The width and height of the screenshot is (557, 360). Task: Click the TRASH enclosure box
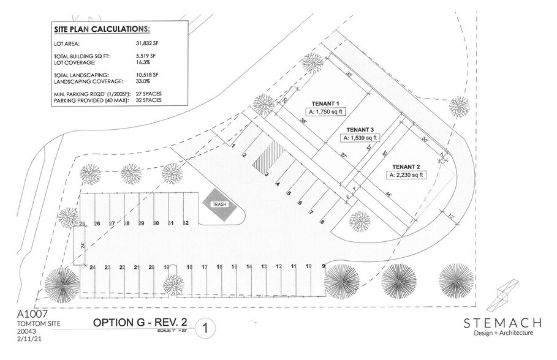coord(219,206)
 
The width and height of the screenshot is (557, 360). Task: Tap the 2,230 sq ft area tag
coord(406,174)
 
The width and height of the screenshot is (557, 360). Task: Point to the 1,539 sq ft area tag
coord(360,139)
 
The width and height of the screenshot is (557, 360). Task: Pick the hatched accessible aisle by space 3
coord(264,159)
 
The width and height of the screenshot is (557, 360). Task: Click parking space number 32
coord(186,223)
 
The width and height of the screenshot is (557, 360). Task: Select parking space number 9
coord(322,266)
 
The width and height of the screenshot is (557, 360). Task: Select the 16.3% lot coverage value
coord(142,62)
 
